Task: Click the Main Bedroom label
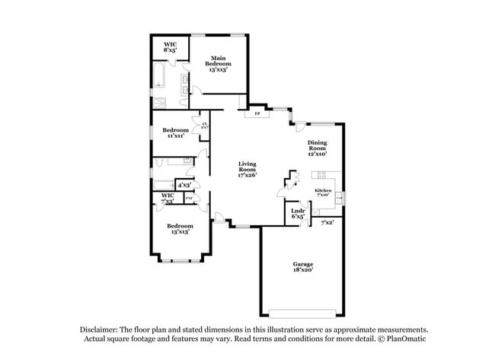219,64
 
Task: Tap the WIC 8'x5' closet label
171,49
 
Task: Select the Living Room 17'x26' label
247,169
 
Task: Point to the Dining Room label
318,148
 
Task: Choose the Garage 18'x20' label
303,266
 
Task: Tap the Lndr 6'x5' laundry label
299,214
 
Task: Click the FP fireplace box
257,115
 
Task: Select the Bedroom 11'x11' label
176,132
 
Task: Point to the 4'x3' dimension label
184,184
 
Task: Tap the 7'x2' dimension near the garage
327,222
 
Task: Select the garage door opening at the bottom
302,314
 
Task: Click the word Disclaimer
101,330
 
